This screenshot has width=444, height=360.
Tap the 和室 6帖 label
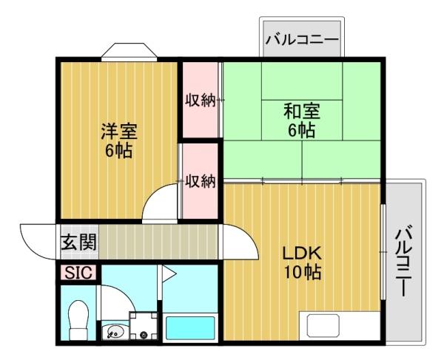pyautogui.click(x=301, y=121)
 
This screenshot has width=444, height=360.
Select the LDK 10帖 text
pyautogui.click(x=301, y=262)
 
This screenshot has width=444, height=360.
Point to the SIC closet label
pyautogui.click(x=78, y=272)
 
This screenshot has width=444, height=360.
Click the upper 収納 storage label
pyautogui.click(x=200, y=100)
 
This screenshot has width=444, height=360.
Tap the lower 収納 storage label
pyautogui.click(x=200, y=180)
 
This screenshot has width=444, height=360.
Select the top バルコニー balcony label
pyautogui.click(x=301, y=38)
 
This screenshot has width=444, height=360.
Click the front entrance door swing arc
pyautogui.click(x=38, y=238)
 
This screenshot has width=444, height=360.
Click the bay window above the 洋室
pyautogui.click(x=129, y=52)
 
